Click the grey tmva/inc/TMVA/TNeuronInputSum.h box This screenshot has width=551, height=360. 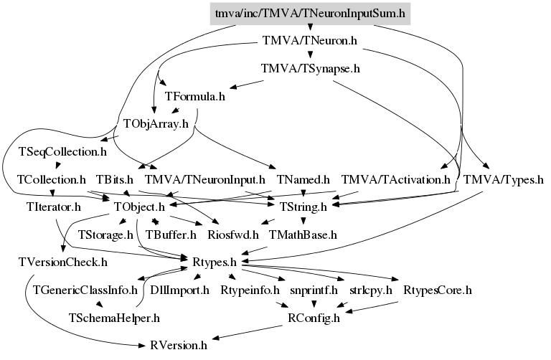pyautogui.click(x=310, y=14)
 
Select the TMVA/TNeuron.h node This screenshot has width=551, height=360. pyautogui.click(x=310, y=41)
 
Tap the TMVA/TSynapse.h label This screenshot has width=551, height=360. pyautogui.click(x=310, y=69)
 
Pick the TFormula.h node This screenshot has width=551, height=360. pyautogui.click(x=195, y=96)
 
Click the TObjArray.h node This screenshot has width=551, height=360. pyautogui.click(x=156, y=123)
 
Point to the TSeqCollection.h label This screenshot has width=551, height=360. pyautogui.click(x=62, y=152)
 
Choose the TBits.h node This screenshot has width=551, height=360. pyautogui.click(x=115, y=180)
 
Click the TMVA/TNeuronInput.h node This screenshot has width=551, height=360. pyautogui.click(x=205, y=180)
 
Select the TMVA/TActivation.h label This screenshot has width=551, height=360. pyautogui.click(x=396, y=180)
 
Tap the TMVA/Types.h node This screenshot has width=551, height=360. pyautogui.click(x=504, y=180)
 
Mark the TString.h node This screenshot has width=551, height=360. pyautogui.click(x=303, y=207)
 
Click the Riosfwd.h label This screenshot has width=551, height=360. pyautogui.click(x=233, y=235)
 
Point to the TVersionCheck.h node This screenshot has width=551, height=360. pyautogui.click(x=63, y=262)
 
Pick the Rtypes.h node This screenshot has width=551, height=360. pyautogui.click(x=215, y=262)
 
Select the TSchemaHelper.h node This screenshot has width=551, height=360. pyautogui.click(x=114, y=318)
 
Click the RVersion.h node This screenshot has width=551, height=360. pyautogui.click(x=179, y=346)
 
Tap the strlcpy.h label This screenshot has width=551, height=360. pyautogui.click(x=371, y=290)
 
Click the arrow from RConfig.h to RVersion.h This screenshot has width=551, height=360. pyautogui.click(x=247, y=332)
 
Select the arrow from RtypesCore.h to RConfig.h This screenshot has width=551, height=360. pyautogui.click(x=371, y=307)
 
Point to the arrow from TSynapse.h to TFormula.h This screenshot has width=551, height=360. pyautogui.click(x=247, y=85)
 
